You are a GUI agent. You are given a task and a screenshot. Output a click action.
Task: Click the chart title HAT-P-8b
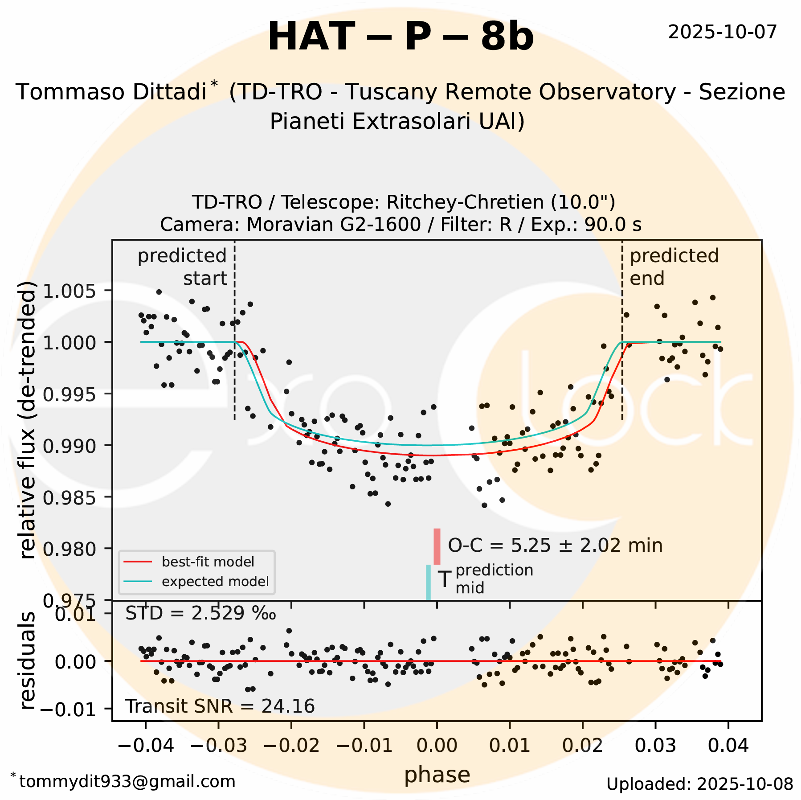(400, 37)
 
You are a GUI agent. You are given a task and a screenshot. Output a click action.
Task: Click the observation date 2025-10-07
(722, 32)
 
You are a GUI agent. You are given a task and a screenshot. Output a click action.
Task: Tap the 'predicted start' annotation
(183, 267)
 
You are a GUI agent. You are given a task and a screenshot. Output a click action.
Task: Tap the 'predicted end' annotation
(674, 267)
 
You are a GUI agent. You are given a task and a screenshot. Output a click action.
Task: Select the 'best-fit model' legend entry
(208, 562)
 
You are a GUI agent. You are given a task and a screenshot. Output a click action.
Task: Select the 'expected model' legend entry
(215, 582)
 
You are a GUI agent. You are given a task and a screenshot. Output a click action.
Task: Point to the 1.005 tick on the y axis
(69, 291)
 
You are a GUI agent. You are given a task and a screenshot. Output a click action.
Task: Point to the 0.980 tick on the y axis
(69, 549)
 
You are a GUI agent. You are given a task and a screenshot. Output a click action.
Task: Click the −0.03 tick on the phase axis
(218, 745)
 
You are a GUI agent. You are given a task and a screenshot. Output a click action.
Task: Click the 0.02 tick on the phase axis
(583, 745)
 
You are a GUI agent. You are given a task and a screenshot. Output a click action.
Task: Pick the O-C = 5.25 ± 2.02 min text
(555, 546)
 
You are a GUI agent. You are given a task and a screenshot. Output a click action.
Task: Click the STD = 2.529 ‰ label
(200, 614)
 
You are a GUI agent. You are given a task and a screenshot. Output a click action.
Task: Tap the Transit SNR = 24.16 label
(220, 706)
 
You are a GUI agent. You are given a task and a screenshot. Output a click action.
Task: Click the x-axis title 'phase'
(437, 775)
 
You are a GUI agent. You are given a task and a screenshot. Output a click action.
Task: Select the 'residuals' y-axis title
(28, 661)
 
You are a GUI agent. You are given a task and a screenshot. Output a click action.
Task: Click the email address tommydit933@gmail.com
(127, 782)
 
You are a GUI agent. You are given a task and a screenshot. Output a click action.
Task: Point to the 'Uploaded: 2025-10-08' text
(699, 784)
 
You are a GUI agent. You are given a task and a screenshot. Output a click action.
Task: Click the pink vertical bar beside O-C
(437, 546)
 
